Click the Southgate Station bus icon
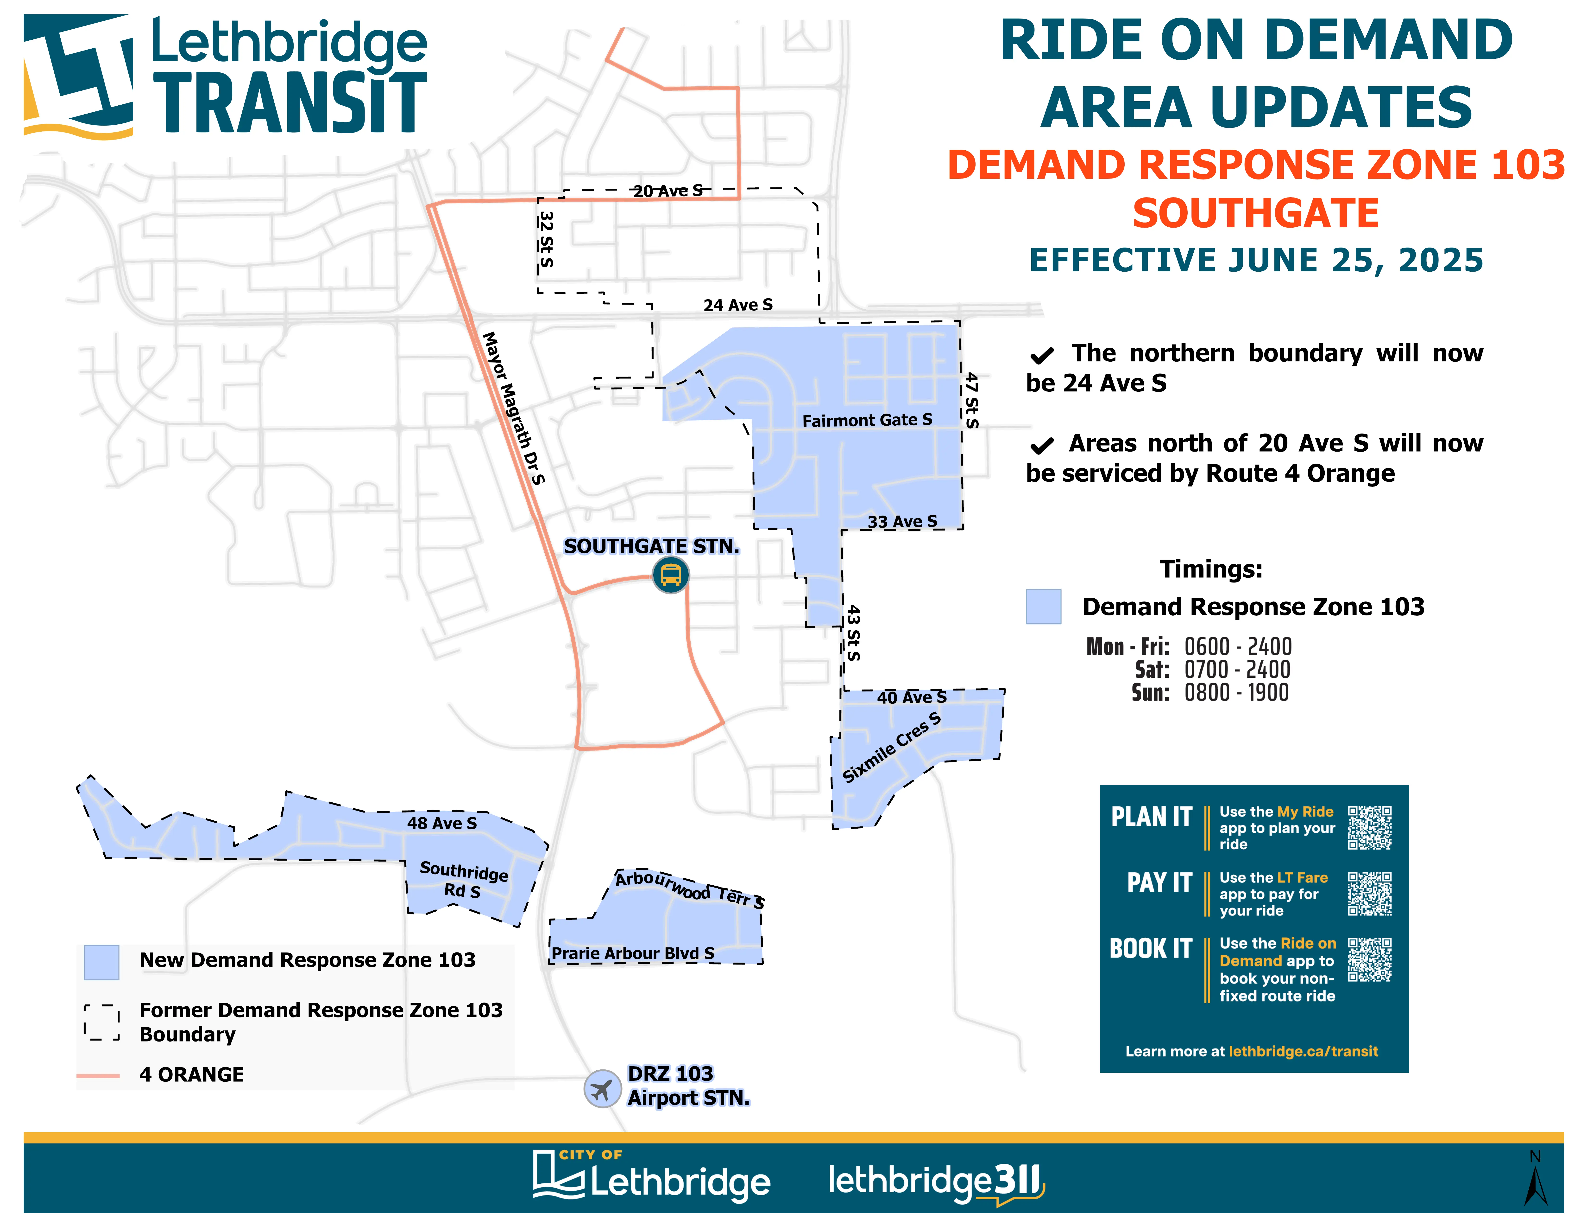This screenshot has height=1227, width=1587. [x=670, y=575]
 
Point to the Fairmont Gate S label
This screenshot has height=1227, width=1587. [x=867, y=420]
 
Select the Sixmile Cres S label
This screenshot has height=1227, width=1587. [x=892, y=747]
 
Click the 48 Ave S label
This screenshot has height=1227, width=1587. [x=442, y=823]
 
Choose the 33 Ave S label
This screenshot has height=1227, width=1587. [x=902, y=521]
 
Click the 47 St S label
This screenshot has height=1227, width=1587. [x=971, y=401]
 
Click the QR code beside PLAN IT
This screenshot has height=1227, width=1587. [x=1370, y=827]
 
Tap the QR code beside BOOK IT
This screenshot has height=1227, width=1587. [x=1370, y=959]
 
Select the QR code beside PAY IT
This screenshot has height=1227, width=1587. [x=1370, y=893]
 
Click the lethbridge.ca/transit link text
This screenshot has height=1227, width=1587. [x=1303, y=1051]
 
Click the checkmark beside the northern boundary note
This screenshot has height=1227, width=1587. [x=1041, y=355]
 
